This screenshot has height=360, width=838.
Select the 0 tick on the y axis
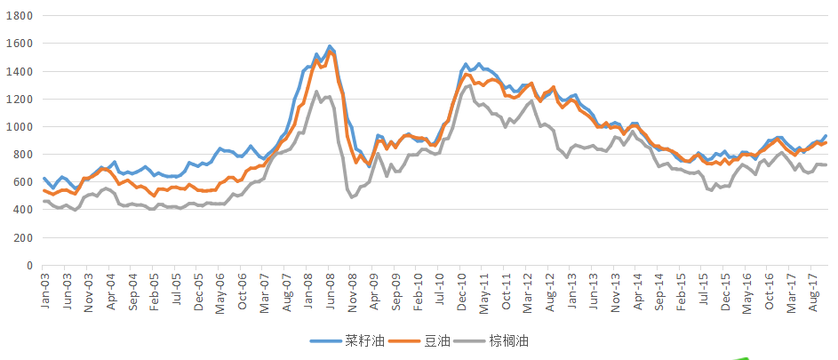click(x=28, y=266)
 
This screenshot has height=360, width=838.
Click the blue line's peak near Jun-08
click(x=330, y=46)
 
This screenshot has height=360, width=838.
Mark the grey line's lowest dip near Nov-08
click(x=352, y=196)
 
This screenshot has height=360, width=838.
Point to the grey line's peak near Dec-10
click(x=469, y=85)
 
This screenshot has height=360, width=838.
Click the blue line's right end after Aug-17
click(x=826, y=136)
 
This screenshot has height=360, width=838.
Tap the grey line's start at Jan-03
click(x=44, y=202)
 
